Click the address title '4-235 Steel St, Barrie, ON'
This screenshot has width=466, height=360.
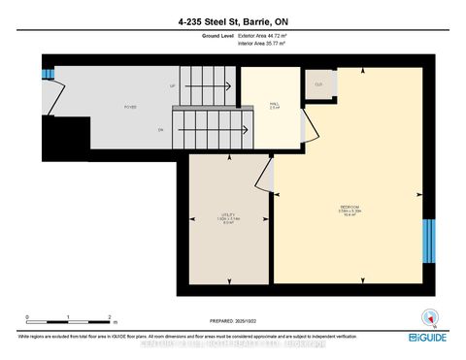coord(233,21)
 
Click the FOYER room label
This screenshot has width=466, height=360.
coord(128,107)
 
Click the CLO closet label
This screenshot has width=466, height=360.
coord(318,84)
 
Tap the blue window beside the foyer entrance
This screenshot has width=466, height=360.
coord(46,76)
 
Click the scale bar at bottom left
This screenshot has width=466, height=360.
coord(69,319)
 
